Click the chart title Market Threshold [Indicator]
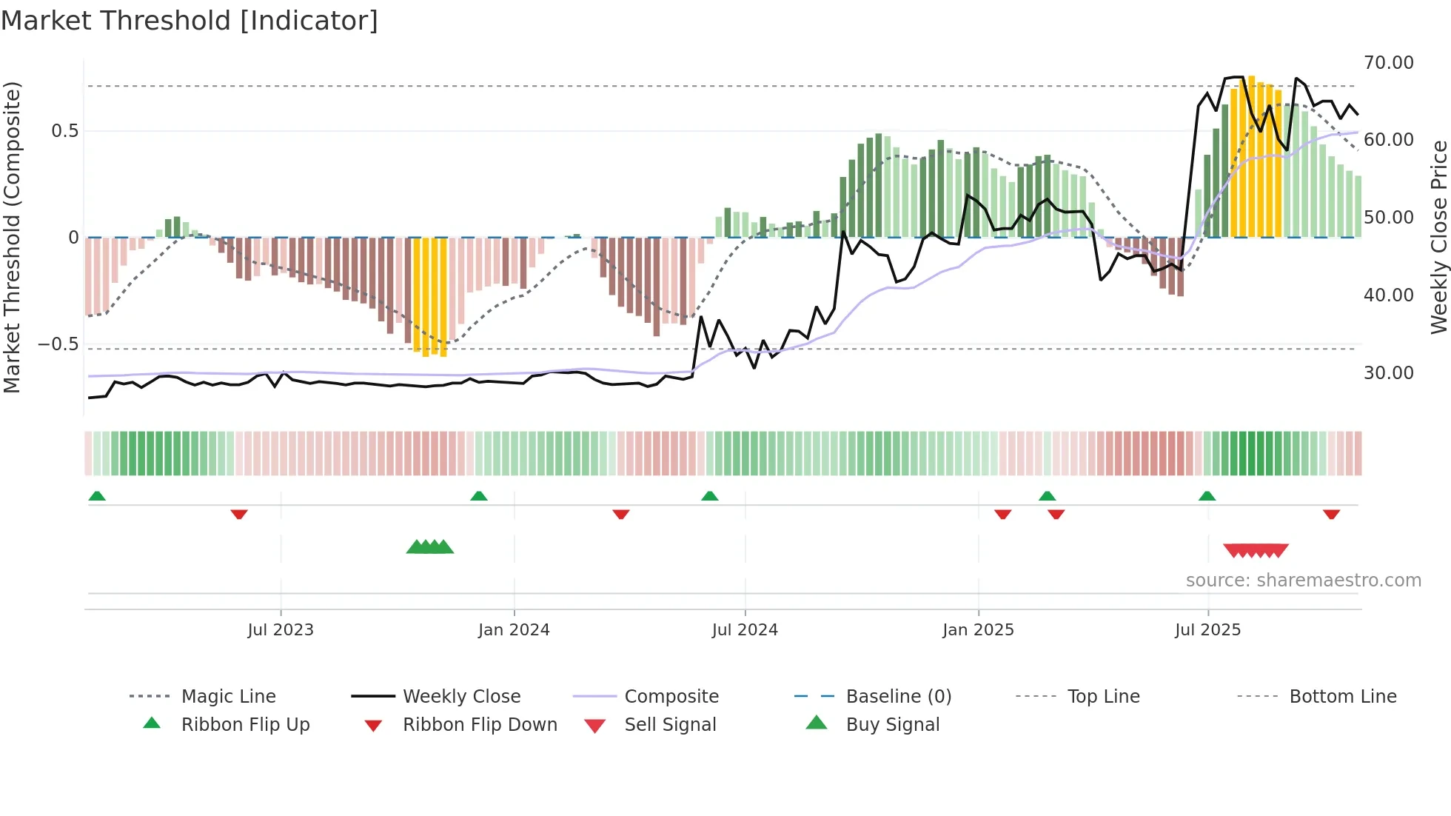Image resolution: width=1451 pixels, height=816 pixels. (x=190, y=21)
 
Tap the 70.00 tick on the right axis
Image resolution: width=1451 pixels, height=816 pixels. (x=1388, y=63)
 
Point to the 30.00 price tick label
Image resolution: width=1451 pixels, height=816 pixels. (x=1388, y=373)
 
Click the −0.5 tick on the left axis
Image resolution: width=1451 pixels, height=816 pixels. (x=58, y=344)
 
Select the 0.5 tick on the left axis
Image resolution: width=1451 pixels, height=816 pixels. (x=64, y=131)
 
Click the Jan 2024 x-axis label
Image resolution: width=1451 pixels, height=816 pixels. (x=514, y=630)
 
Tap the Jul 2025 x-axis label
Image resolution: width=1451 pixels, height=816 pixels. (x=1207, y=630)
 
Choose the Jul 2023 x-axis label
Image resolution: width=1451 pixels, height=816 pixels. (x=281, y=630)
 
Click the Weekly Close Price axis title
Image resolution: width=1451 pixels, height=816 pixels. (x=1438, y=237)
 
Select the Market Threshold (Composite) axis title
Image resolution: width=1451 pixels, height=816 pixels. (x=12, y=237)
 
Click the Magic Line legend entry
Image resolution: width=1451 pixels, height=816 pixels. (x=228, y=697)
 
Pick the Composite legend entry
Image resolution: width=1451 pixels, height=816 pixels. (x=671, y=697)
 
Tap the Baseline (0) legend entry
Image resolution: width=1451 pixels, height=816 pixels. (x=898, y=697)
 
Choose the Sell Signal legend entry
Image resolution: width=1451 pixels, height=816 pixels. (x=670, y=725)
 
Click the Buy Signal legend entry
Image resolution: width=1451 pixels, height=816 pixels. (x=892, y=725)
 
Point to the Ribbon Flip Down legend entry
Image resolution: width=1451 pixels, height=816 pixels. (x=480, y=725)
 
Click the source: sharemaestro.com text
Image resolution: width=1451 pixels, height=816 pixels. (x=1303, y=581)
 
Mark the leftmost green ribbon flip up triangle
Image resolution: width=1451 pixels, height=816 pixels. (x=97, y=496)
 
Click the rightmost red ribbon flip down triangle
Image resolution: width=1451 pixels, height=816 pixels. (x=1331, y=514)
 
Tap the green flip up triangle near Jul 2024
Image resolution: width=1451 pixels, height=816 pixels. (x=709, y=496)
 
